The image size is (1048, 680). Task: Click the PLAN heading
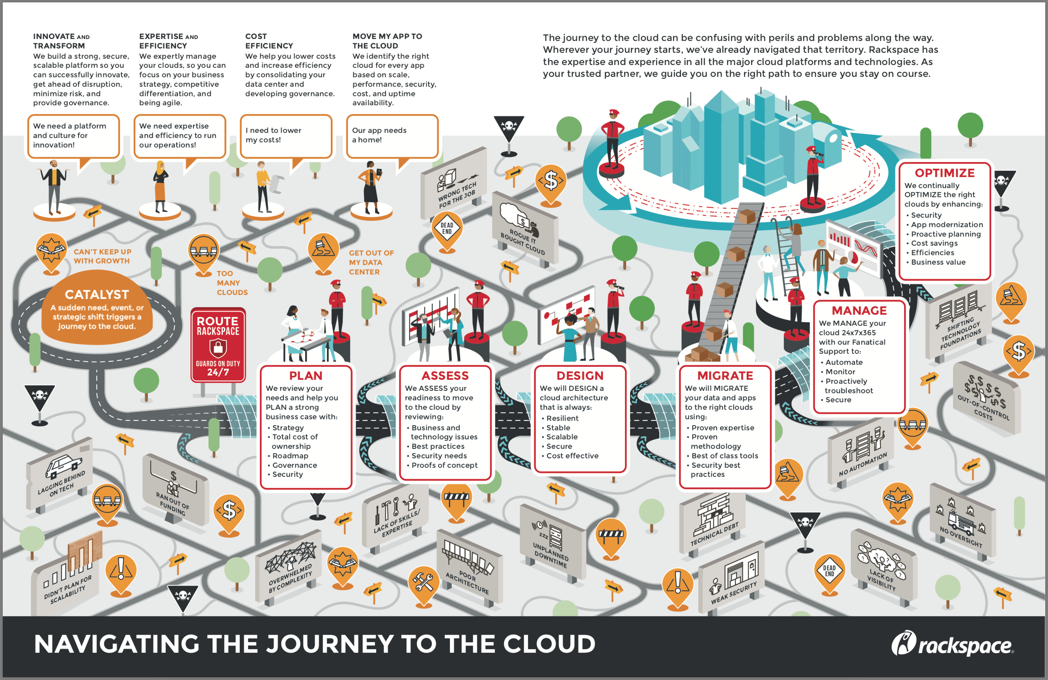(306, 375)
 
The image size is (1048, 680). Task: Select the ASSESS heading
(445, 375)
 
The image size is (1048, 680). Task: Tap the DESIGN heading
(580, 375)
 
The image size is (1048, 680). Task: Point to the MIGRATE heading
(725, 375)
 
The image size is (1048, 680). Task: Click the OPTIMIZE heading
(945, 173)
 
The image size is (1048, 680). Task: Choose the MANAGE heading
(859, 310)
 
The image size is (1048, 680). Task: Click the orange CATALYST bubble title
(97, 294)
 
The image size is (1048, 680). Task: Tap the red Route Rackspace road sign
(218, 345)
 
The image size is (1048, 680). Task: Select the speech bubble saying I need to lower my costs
(286, 136)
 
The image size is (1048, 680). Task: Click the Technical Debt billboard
(713, 524)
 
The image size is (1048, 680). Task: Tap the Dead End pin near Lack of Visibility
(829, 572)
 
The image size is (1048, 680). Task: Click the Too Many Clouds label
(231, 283)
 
